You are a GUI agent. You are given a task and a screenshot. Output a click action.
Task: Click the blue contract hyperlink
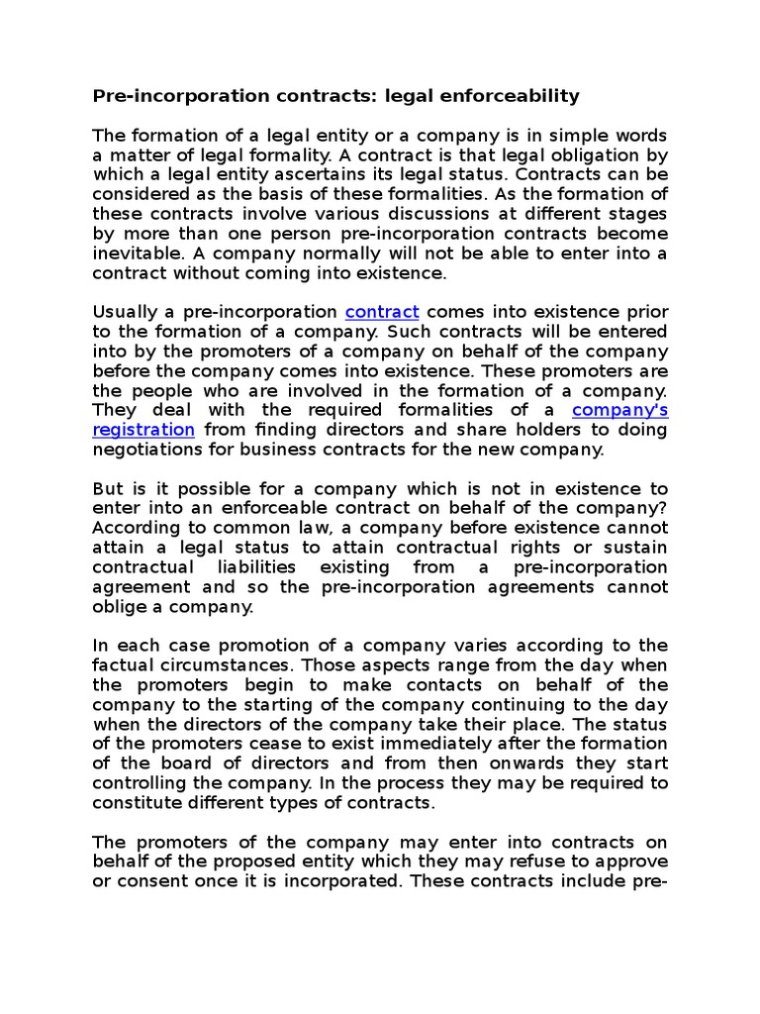[x=382, y=311]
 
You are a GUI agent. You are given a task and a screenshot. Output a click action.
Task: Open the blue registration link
[x=142, y=429]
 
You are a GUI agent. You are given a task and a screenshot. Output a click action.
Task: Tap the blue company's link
[x=620, y=409]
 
